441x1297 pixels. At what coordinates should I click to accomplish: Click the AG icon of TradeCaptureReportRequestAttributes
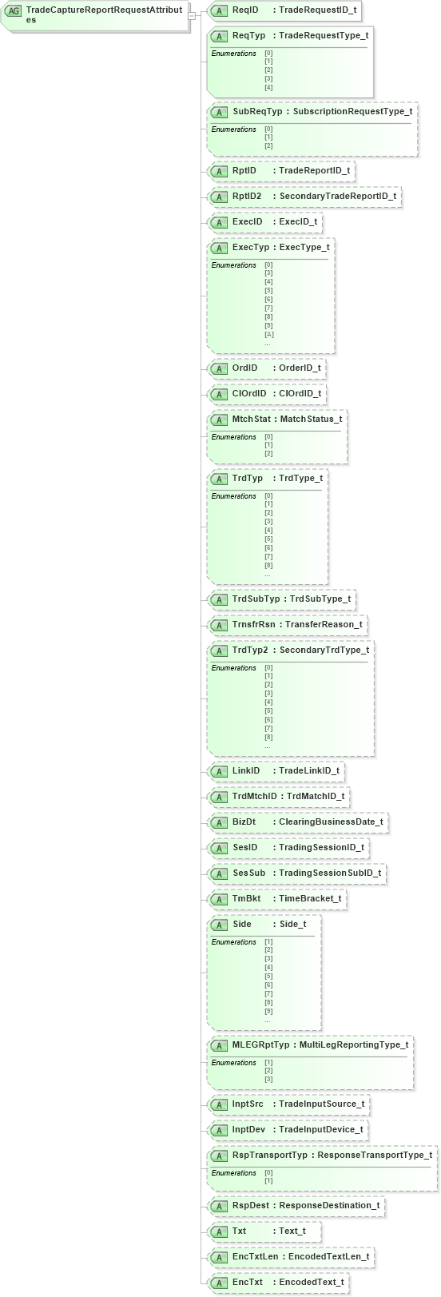pos(13,11)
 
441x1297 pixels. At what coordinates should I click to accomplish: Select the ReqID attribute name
pos(245,10)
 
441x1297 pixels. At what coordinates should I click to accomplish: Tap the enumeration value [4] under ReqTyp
pos(268,87)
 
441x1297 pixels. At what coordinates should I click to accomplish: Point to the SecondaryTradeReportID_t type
pos(337,196)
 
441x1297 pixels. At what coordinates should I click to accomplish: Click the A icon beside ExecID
pos(219,222)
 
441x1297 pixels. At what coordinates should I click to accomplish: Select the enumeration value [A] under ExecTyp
pos(268,334)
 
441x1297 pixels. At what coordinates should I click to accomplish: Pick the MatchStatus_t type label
pos(311,419)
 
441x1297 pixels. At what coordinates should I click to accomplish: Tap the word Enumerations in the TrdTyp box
pos(233,496)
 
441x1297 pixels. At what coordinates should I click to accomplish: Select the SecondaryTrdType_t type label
pos(324,650)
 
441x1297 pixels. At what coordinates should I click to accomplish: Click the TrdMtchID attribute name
pos(254,796)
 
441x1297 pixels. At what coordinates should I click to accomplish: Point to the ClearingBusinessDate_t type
pos(331,822)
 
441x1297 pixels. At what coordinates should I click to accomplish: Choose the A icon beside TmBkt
pos(219,899)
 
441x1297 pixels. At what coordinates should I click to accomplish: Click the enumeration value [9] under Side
pos(268,1011)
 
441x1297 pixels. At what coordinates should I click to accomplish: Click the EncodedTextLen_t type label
pos(328,1256)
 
